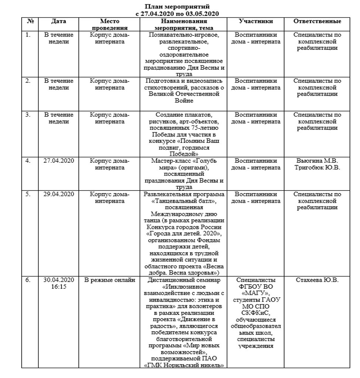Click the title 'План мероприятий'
tap(178, 7)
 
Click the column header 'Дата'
tap(59, 21)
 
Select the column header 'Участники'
tap(256, 21)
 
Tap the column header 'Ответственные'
tap(317, 21)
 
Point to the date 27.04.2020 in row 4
tap(59, 161)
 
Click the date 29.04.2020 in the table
tap(59, 194)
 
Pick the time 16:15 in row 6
tap(59, 286)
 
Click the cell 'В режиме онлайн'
tap(110, 280)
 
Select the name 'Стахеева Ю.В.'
tap(317, 280)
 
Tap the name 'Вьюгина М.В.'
tap(317, 161)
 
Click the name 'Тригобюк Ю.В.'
tap(317, 168)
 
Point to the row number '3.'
tap(28, 115)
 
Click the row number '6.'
tap(28, 280)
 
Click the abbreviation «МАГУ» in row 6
tap(256, 293)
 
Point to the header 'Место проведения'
tap(110, 24)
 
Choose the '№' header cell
tap(30, 21)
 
